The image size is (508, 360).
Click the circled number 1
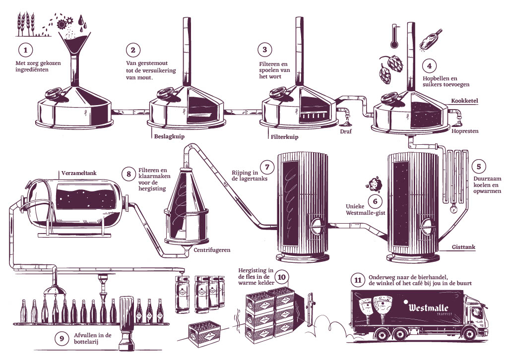click(24, 50)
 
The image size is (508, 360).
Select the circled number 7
click(267, 167)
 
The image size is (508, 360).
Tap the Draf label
click(346, 132)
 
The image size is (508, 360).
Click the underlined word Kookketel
click(464, 101)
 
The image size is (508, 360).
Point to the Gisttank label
click(464, 246)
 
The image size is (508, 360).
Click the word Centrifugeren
click(212, 250)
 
